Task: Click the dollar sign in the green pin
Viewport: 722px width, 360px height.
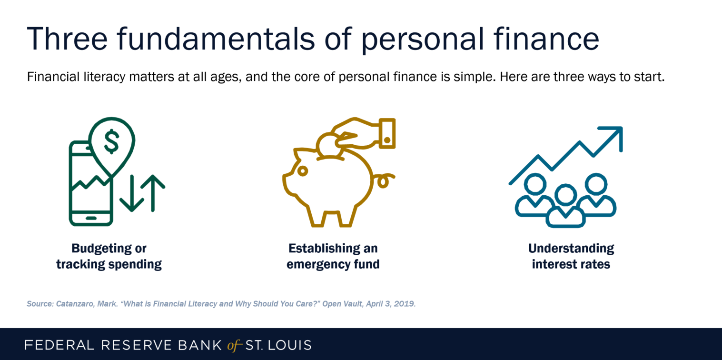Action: pos(111,141)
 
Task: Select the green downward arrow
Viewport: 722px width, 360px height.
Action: pos(132,193)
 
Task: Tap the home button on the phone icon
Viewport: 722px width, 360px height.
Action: pos(91,218)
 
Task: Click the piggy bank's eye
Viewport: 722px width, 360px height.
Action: pos(302,171)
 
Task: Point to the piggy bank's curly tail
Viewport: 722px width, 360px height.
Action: pos(384,180)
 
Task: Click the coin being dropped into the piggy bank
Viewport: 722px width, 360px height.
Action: pos(329,145)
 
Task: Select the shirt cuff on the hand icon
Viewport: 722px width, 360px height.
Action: pos(387,133)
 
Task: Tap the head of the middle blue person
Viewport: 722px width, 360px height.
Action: pos(565,195)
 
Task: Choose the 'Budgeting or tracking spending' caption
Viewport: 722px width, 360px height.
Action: pos(109,256)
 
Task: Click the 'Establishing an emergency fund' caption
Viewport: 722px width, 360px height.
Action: pos(333,256)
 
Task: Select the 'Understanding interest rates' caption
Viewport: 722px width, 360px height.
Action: pos(571,256)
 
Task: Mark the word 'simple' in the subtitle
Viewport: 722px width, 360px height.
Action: pos(474,77)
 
